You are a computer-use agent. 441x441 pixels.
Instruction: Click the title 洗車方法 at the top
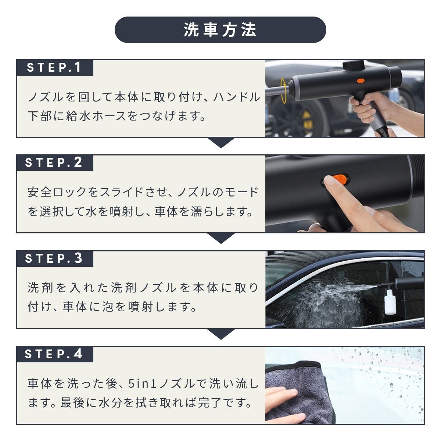pyautogui.click(x=220, y=30)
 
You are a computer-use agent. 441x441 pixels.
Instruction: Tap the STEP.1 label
pyautogui.click(x=54, y=67)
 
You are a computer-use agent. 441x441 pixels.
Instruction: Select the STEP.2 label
pyautogui.click(x=54, y=162)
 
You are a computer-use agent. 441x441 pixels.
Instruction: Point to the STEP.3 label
pyautogui.click(x=54, y=258)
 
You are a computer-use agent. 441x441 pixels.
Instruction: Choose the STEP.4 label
pyautogui.click(x=54, y=354)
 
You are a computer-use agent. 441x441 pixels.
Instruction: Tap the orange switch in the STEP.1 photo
pyautogui.click(x=359, y=80)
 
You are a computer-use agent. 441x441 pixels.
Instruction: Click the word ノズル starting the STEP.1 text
pyautogui.click(x=45, y=97)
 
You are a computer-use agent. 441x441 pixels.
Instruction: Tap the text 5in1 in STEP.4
pyautogui.click(x=142, y=384)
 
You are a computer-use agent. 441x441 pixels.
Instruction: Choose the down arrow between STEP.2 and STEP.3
pyautogui.click(x=220, y=238)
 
